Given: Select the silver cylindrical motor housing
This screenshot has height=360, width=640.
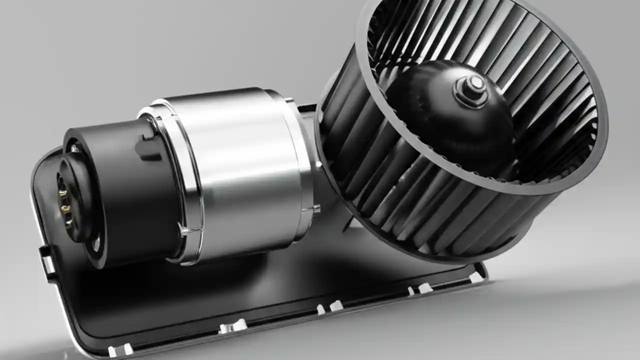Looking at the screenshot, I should pos(235,170).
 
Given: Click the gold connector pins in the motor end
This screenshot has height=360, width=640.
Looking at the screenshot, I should pos(64,200).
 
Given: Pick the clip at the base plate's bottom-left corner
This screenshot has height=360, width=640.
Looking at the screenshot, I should pos(120,350).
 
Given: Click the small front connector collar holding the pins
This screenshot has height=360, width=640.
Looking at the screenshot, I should pos(75,200).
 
